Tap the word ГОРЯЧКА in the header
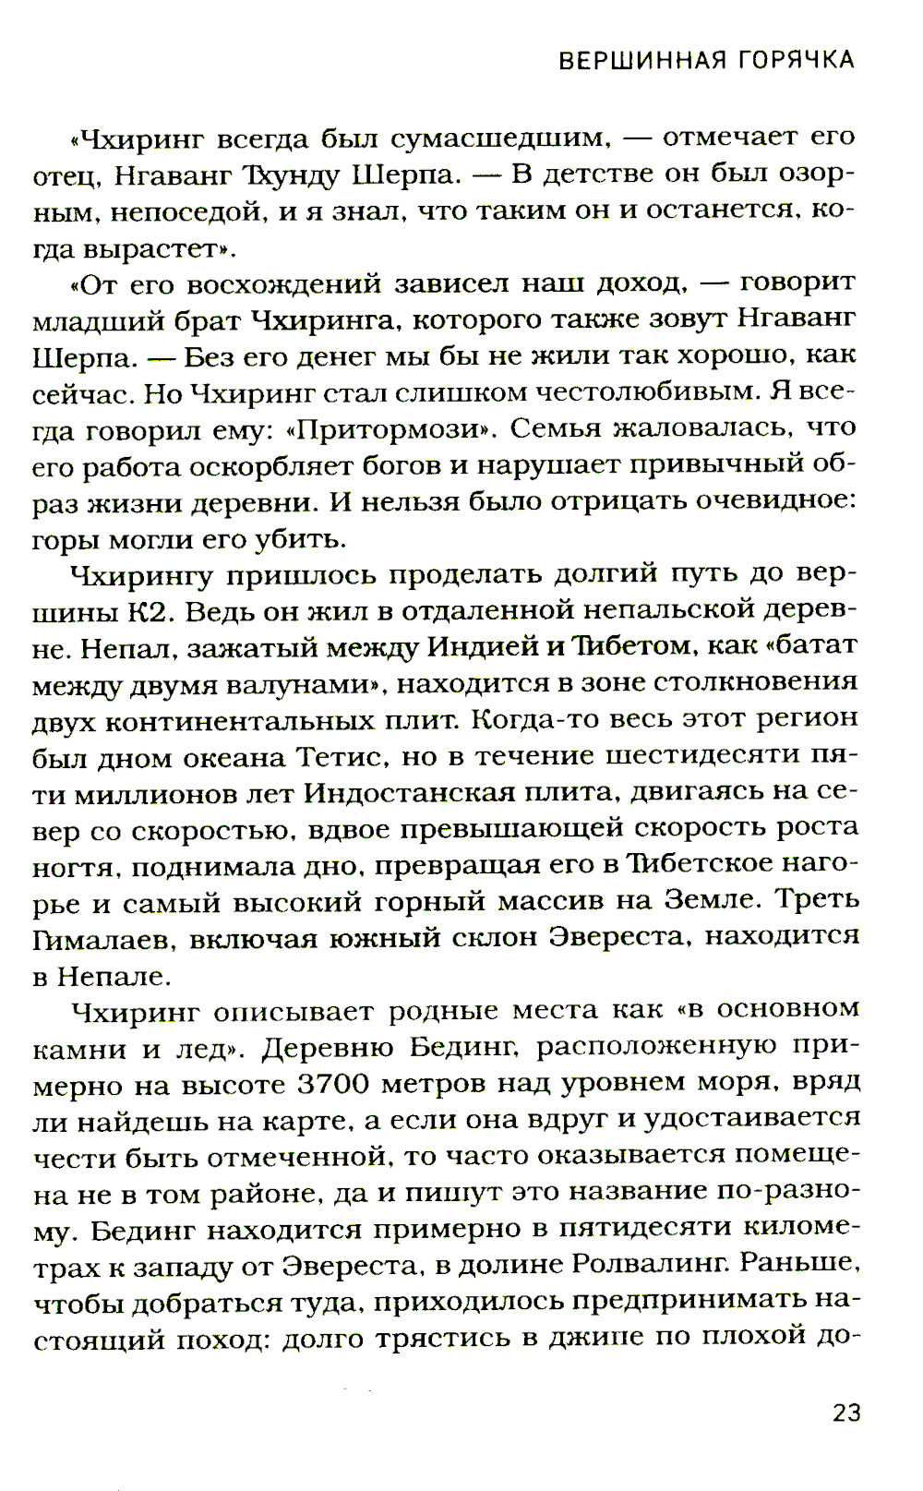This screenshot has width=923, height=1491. (x=796, y=61)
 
